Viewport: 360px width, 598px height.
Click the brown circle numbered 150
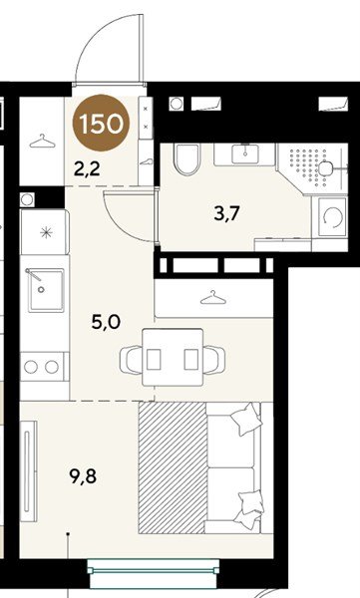[x=101, y=123]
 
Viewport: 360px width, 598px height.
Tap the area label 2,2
[x=87, y=168]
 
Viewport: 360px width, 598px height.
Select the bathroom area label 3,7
[x=226, y=213]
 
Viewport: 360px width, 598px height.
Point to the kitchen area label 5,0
[x=106, y=322]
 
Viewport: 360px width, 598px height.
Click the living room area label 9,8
[x=83, y=476]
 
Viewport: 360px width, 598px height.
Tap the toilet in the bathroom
[x=186, y=159]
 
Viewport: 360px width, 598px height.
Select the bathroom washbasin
[x=245, y=154]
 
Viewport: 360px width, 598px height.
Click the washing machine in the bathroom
[x=330, y=216]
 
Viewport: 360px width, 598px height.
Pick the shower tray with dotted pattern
[x=312, y=168]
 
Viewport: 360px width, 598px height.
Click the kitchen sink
[x=46, y=289]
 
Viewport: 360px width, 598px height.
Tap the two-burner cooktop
[x=45, y=367]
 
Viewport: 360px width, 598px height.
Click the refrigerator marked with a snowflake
[x=46, y=231]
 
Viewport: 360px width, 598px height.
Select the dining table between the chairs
[x=173, y=358]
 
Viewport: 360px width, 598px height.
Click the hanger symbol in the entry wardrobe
[x=42, y=142]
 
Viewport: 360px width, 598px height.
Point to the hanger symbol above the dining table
[x=213, y=298]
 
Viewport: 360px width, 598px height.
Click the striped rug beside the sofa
[x=173, y=467]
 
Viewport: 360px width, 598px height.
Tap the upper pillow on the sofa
[x=247, y=420]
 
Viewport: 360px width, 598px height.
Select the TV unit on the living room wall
[x=29, y=471]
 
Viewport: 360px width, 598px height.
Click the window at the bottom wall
[x=154, y=570]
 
